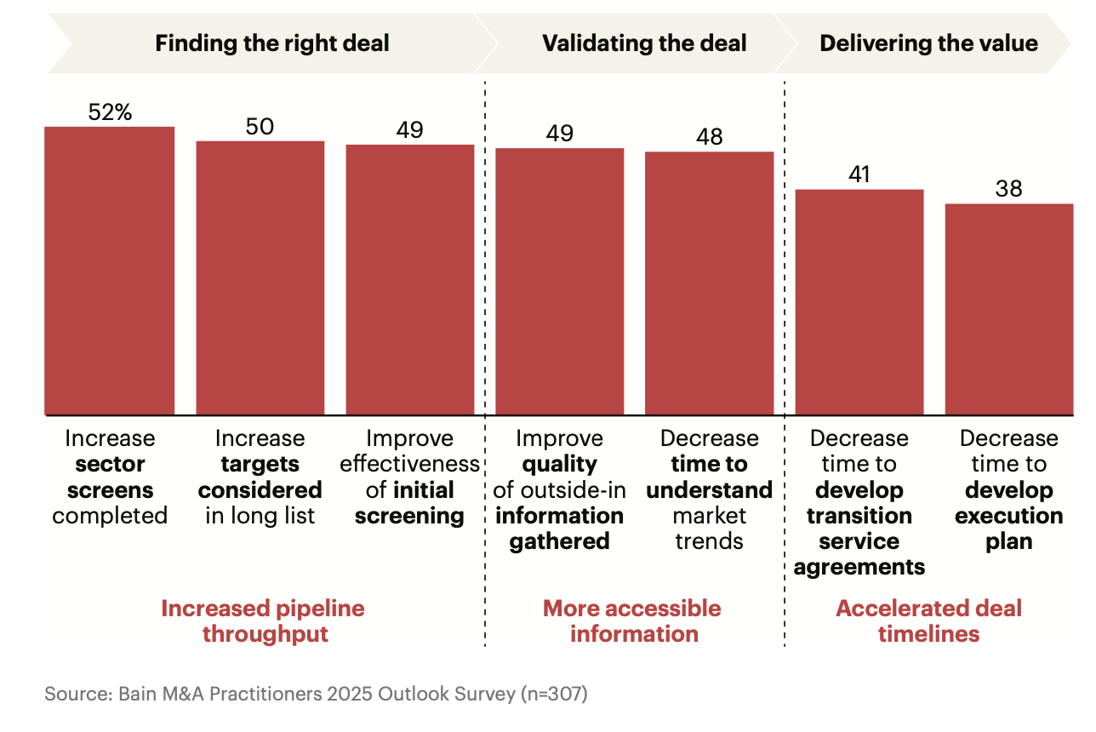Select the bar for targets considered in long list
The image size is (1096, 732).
(x=260, y=277)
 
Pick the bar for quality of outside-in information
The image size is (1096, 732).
(x=559, y=281)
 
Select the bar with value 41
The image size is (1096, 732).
(x=859, y=301)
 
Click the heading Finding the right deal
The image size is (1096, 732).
(x=271, y=43)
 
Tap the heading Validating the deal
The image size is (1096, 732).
(x=644, y=43)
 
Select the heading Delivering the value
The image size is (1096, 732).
(x=928, y=43)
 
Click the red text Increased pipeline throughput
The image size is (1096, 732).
(x=263, y=621)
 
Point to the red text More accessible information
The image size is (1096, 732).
(x=632, y=621)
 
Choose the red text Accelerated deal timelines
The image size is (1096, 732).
(x=928, y=621)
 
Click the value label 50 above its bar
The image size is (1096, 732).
(x=260, y=126)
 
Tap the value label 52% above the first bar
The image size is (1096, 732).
(x=110, y=112)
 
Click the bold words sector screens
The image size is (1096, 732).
(x=110, y=478)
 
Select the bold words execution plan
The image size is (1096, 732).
(x=1008, y=529)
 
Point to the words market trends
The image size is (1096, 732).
(x=709, y=529)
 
